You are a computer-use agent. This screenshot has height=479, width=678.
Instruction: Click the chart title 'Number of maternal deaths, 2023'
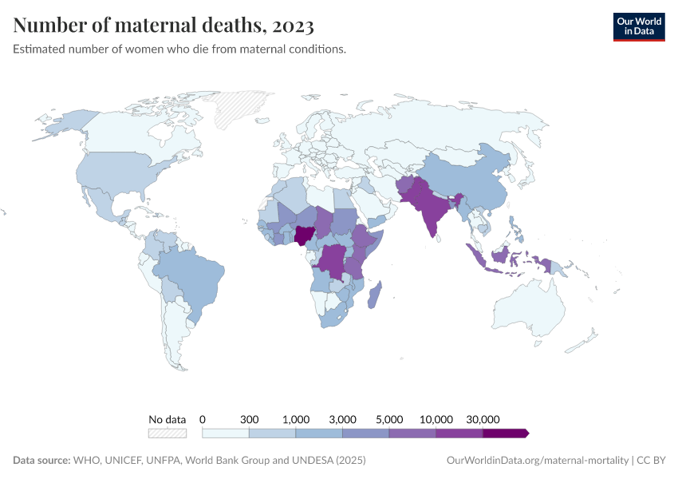[x=163, y=26]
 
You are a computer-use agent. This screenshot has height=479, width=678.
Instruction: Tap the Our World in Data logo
[x=638, y=26]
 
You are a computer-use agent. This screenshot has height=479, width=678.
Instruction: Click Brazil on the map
[x=191, y=275]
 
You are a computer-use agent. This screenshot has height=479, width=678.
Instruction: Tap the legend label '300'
[x=250, y=419]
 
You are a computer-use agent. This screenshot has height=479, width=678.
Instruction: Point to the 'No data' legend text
[x=167, y=419]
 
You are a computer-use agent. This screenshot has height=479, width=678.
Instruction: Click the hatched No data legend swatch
[x=167, y=433]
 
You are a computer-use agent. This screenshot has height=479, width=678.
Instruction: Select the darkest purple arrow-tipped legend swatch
[x=505, y=433]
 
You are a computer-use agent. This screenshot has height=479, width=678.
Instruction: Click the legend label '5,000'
[x=389, y=419]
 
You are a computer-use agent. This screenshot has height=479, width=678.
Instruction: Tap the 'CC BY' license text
[x=652, y=461]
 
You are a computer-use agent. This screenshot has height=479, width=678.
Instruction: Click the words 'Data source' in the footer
[x=41, y=461]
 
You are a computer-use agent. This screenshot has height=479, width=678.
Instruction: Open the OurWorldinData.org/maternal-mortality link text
[x=536, y=461]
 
